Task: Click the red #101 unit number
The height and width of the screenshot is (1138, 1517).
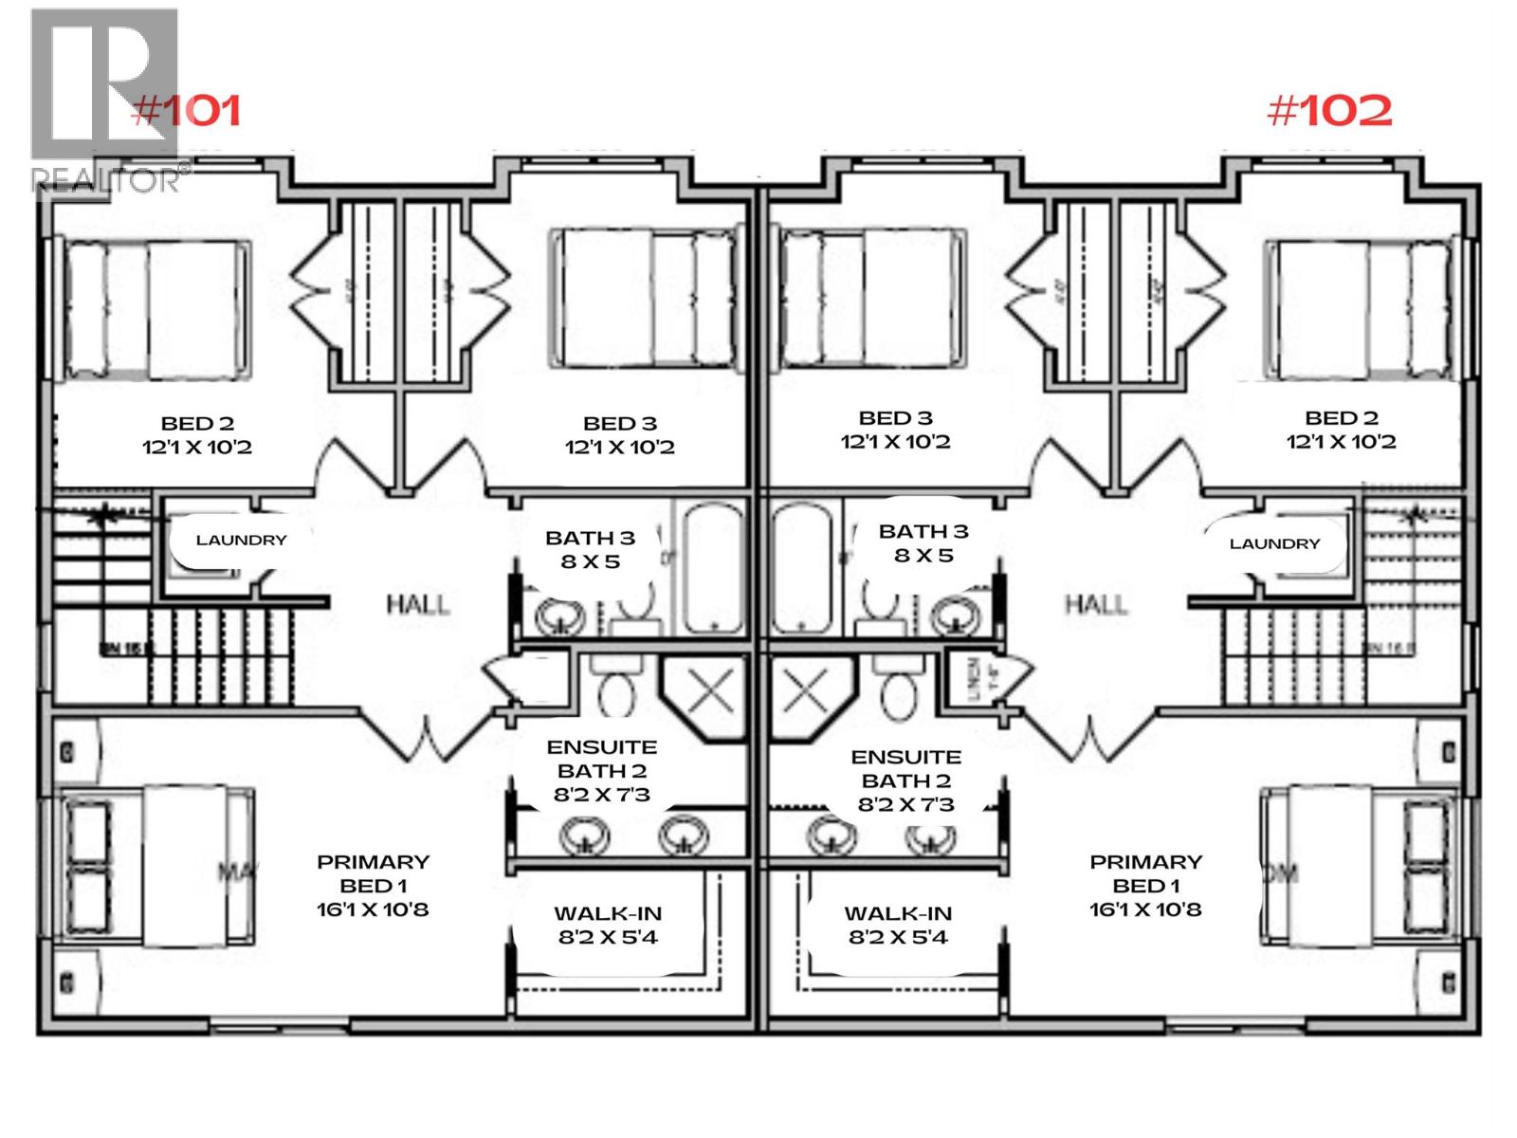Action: tap(187, 111)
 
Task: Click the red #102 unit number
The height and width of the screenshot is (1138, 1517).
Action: tap(1329, 111)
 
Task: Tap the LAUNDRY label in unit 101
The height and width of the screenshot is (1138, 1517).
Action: tap(241, 541)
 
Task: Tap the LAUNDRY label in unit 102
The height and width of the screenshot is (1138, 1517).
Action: tap(1274, 544)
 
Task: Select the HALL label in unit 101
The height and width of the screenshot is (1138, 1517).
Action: tap(417, 604)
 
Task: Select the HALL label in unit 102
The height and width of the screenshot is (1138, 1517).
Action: tap(1096, 604)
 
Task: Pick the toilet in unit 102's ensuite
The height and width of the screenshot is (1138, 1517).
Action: tap(897, 689)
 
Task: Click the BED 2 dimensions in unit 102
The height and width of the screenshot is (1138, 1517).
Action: tap(1341, 442)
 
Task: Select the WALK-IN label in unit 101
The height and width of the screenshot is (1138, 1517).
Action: tap(608, 914)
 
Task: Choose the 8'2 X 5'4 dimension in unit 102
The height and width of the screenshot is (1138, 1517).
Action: tap(898, 938)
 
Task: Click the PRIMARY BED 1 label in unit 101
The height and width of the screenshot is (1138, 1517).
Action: tap(373, 873)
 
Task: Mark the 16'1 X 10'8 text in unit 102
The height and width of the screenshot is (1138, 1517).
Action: tap(1145, 909)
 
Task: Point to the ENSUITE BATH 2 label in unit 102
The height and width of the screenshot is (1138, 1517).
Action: tap(905, 769)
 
